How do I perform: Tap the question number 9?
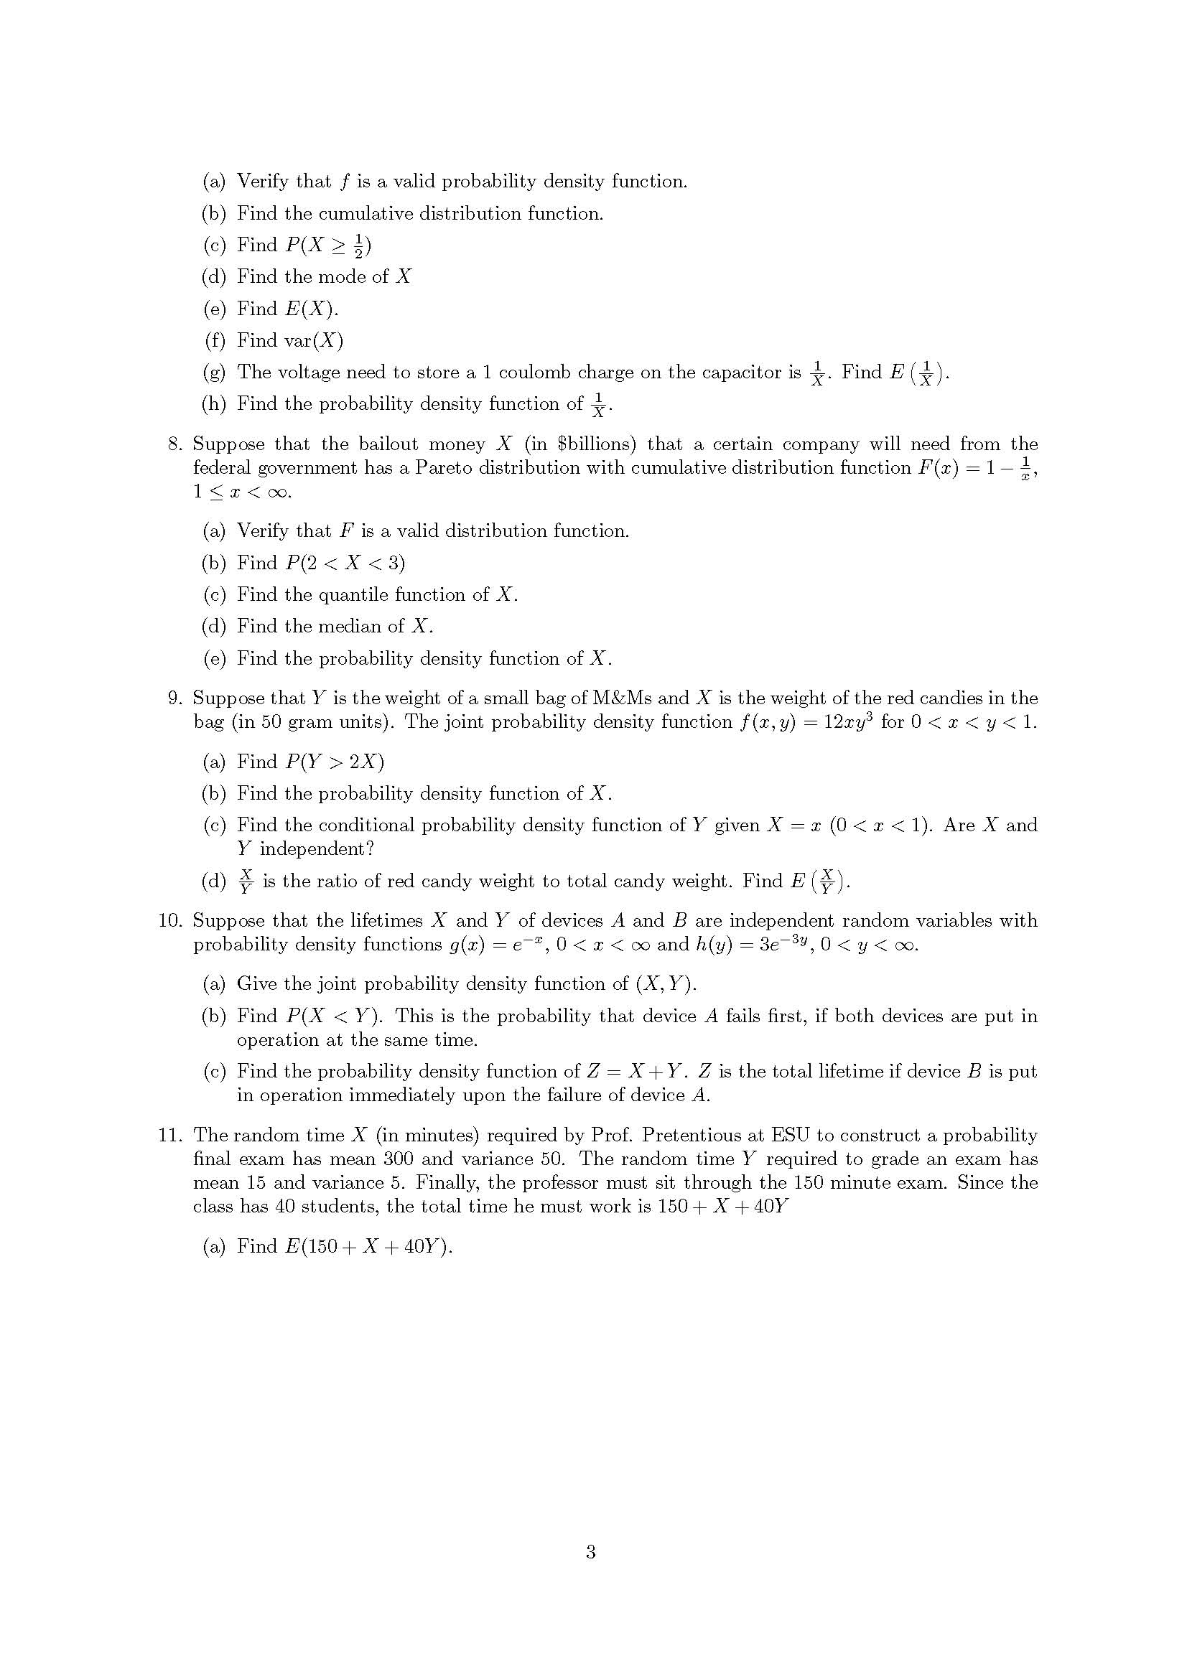[x=174, y=698]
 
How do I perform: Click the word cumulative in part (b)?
[x=366, y=213]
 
